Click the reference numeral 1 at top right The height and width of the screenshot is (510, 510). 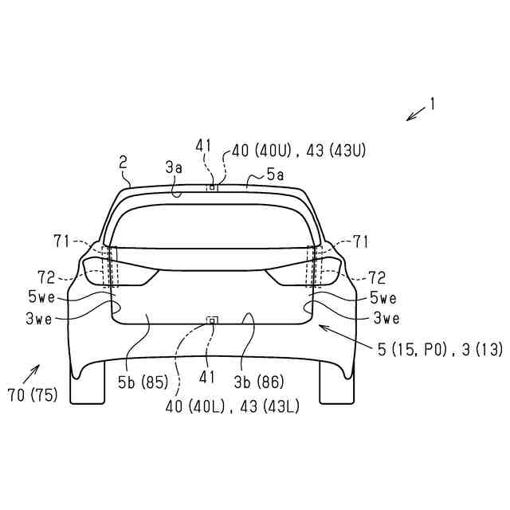click(432, 104)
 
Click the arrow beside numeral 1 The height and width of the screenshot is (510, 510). click(416, 114)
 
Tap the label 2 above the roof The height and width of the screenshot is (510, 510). click(123, 163)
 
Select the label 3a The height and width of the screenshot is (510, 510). click(174, 168)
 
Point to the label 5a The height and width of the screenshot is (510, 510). click(275, 175)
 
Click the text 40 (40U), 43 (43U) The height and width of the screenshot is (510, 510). click(299, 151)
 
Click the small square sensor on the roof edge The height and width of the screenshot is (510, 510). click(212, 187)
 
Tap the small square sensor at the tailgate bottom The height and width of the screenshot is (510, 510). click(212, 320)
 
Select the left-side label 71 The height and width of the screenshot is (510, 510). click(61, 242)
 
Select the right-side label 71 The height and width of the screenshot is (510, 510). click(360, 242)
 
